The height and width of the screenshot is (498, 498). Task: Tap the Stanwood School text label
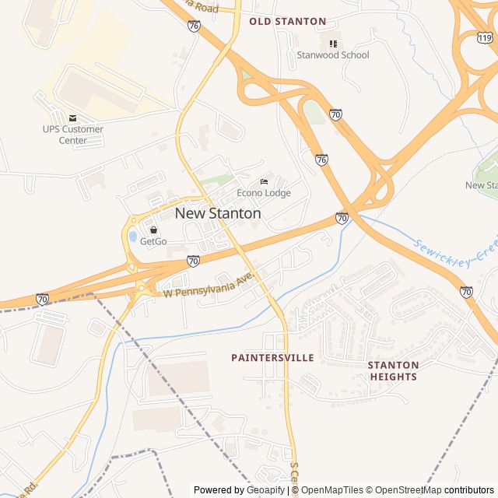click(x=333, y=55)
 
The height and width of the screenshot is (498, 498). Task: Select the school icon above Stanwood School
click(x=334, y=44)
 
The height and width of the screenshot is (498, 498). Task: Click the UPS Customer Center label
click(x=73, y=135)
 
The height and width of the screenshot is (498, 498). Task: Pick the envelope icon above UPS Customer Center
click(x=73, y=118)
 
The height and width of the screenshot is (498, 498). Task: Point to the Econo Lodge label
click(x=264, y=193)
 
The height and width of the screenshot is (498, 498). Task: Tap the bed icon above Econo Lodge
click(x=264, y=181)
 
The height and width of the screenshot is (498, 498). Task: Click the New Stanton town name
click(x=218, y=213)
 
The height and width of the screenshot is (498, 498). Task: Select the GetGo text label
click(x=153, y=242)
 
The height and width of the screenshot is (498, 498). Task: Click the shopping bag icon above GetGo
click(x=153, y=230)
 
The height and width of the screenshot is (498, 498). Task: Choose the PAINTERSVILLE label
click(x=272, y=358)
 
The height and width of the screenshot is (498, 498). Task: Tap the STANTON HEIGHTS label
click(x=393, y=371)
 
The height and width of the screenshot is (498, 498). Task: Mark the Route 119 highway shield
click(x=485, y=37)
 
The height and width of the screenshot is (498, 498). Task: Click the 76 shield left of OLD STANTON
click(x=194, y=26)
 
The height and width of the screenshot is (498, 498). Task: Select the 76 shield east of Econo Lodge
click(x=321, y=160)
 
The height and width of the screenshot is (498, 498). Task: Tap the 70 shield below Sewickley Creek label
click(x=466, y=292)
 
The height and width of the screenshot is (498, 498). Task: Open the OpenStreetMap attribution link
click(x=404, y=490)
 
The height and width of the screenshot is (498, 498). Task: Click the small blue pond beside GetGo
click(x=133, y=236)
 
